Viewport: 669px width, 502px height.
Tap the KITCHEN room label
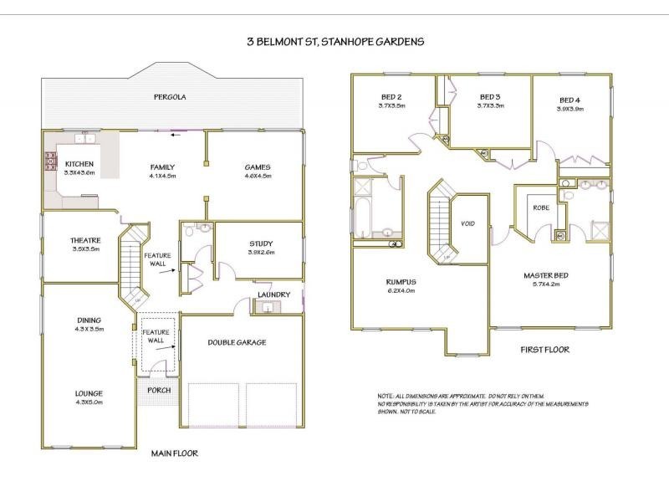pyautogui.click(x=79, y=164)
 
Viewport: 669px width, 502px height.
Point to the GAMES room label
pyautogui.click(x=257, y=166)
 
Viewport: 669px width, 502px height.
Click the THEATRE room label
pyautogui.click(x=85, y=240)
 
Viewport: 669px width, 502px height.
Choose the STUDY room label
pyautogui.click(x=260, y=244)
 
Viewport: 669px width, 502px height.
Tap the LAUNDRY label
pyautogui.click(x=273, y=295)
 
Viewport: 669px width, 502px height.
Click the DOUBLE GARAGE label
pyautogui.click(x=237, y=342)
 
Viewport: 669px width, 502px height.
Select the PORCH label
pyautogui.click(x=159, y=390)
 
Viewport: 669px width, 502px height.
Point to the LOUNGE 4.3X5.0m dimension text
pyautogui.click(x=88, y=402)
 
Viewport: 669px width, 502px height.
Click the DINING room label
pyautogui.click(x=89, y=320)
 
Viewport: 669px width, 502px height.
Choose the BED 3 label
pyautogui.click(x=490, y=97)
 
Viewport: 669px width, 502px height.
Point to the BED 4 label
pyautogui.click(x=570, y=100)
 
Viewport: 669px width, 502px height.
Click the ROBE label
pyautogui.click(x=539, y=208)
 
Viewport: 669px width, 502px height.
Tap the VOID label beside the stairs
pyautogui.click(x=467, y=223)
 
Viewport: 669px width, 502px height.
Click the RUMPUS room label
pyautogui.click(x=401, y=282)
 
